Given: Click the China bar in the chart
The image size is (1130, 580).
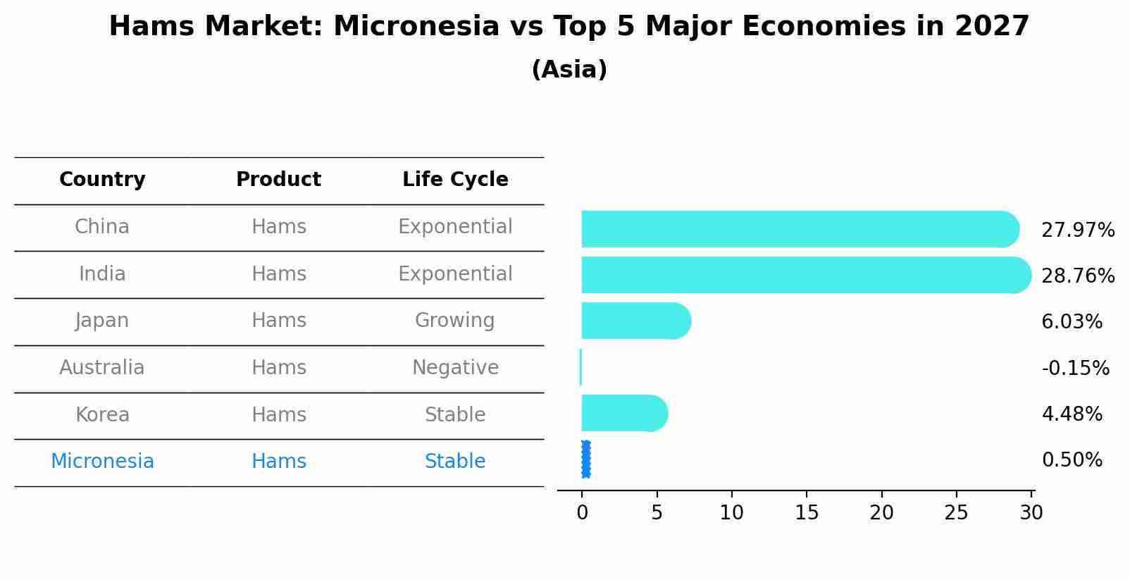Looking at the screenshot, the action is click(x=800, y=229).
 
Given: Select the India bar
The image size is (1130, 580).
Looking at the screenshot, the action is click(x=806, y=275).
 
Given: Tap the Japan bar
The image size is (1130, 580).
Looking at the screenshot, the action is click(x=636, y=321).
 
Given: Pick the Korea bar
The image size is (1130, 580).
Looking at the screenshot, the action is click(x=624, y=414).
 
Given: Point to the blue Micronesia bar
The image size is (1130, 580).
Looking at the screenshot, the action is click(x=585, y=459).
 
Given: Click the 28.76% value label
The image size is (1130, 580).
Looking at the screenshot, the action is click(x=1078, y=276).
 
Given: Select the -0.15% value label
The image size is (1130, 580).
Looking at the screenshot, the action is click(x=1075, y=368).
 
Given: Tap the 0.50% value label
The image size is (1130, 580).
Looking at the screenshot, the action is click(x=1072, y=460).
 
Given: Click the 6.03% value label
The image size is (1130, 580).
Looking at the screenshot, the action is click(x=1072, y=321).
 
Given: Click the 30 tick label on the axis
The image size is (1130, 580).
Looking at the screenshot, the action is click(x=1031, y=512).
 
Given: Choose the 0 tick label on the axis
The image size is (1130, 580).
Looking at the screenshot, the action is click(x=582, y=512).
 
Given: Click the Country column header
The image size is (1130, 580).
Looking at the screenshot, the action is click(x=102, y=179).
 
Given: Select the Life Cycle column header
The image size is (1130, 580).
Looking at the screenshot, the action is click(x=455, y=179).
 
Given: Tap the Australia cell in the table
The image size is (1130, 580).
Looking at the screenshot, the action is click(x=102, y=367).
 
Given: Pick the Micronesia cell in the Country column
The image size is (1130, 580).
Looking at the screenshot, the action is click(x=102, y=461).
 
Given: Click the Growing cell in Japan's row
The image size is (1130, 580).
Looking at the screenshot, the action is click(x=454, y=321).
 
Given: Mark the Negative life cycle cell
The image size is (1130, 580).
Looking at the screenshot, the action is click(x=455, y=367).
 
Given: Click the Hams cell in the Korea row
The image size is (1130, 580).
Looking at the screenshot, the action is click(x=279, y=414).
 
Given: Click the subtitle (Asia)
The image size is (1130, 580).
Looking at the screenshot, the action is click(x=569, y=69).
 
